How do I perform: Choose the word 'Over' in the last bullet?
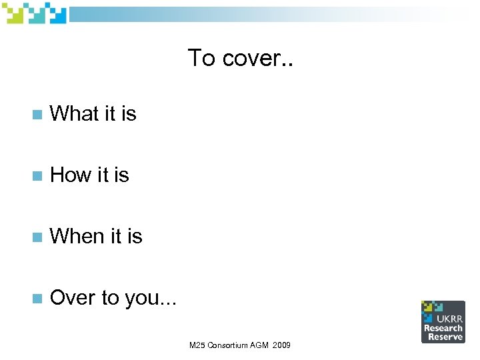[x=72, y=297]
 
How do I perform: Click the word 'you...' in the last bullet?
[x=151, y=298]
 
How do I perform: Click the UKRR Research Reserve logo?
[x=443, y=321]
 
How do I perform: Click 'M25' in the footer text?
[x=198, y=346]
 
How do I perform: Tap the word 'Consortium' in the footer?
[x=229, y=346]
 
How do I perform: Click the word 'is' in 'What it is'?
[x=129, y=114]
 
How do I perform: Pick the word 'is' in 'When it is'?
[x=135, y=236]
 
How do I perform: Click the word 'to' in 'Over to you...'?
[x=110, y=297]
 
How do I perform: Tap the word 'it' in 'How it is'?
[x=103, y=175]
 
